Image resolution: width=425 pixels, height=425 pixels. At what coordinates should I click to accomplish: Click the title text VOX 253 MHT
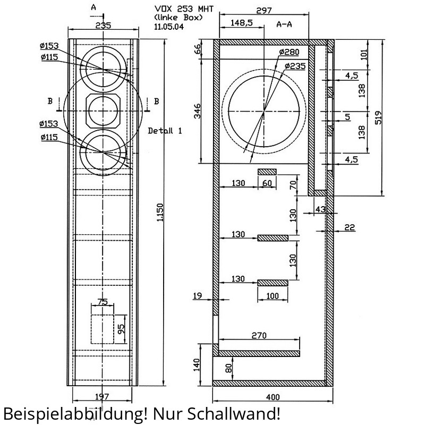click(x=184, y=9)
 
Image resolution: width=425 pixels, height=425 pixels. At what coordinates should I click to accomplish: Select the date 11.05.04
click(x=169, y=27)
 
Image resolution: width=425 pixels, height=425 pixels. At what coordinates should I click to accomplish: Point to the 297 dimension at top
click(x=263, y=11)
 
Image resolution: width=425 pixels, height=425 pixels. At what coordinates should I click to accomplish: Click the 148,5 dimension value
click(x=242, y=23)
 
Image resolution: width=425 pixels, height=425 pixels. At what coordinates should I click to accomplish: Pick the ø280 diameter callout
click(x=289, y=52)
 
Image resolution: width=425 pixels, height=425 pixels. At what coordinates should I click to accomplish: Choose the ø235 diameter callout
click(x=295, y=66)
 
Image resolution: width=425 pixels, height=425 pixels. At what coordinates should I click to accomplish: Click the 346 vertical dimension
click(x=198, y=111)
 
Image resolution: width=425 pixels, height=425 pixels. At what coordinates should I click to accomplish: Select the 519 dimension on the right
click(x=378, y=117)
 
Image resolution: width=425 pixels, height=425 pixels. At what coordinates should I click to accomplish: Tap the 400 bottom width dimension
click(x=273, y=397)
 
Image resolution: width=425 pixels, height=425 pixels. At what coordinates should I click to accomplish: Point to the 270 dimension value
click(x=259, y=336)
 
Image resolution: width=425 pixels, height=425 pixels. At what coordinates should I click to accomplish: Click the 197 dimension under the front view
click(x=102, y=397)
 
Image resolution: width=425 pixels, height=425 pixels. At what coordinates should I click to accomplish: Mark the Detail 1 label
click(x=165, y=131)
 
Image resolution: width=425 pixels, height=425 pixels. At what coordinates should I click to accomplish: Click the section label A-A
click(x=284, y=24)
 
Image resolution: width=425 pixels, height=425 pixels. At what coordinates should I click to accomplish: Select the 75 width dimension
click(x=103, y=302)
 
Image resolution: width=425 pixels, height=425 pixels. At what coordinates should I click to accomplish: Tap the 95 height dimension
click(x=121, y=329)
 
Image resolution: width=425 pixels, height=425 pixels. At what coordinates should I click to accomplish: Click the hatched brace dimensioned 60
click(x=267, y=172)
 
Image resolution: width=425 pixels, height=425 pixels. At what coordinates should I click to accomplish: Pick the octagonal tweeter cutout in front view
click(x=103, y=111)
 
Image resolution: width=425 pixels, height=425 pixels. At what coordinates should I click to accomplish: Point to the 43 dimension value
click(x=320, y=209)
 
